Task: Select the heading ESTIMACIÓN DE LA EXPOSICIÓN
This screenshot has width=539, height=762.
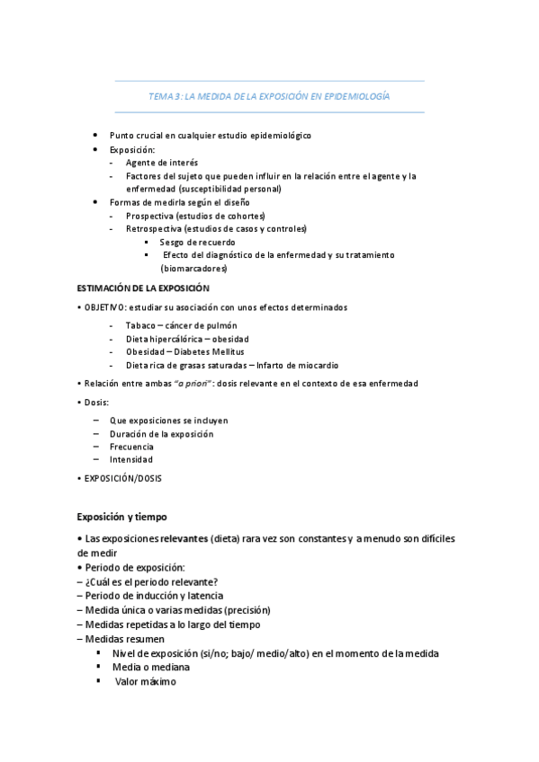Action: click(x=144, y=288)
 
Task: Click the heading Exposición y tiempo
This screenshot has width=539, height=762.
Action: click(x=121, y=517)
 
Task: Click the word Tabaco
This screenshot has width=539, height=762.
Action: click(x=139, y=325)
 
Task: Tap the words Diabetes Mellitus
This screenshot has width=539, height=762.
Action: click(x=211, y=351)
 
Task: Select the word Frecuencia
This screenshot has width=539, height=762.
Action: click(x=131, y=447)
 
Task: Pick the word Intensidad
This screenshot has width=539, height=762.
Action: click(x=131, y=459)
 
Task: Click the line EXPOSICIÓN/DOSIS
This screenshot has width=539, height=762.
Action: click(x=123, y=478)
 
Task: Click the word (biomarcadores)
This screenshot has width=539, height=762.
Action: click(x=194, y=268)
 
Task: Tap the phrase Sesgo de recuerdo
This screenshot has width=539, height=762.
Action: click(x=198, y=242)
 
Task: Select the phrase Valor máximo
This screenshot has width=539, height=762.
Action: click(x=146, y=681)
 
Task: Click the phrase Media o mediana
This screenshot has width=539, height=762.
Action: click(x=151, y=668)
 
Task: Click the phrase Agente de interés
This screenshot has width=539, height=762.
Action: click(x=163, y=163)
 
